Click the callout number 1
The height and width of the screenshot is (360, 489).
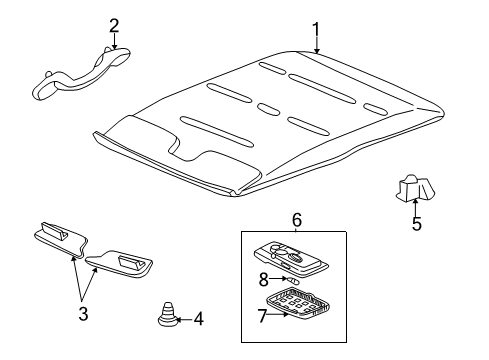(317, 29)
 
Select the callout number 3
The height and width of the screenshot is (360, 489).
(83, 314)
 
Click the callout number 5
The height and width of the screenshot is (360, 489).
(416, 224)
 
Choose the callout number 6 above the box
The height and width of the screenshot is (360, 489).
(296, 220)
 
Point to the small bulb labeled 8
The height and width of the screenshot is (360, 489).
(288, 281)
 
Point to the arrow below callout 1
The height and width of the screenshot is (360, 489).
(317, 45)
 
